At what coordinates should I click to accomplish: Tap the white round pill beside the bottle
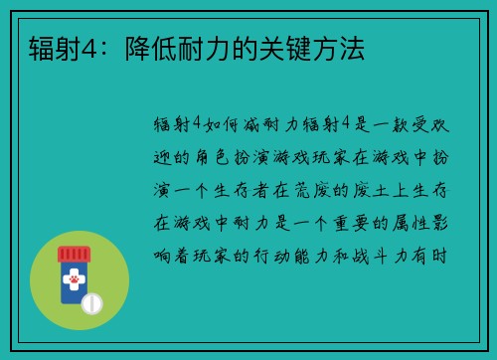coord(91,301)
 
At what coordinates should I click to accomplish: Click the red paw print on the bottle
coord(74,281)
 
